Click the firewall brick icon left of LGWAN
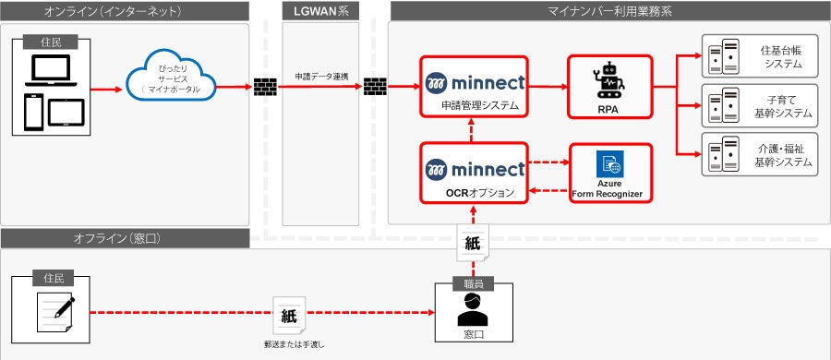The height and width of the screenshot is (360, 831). (x=265, y=89)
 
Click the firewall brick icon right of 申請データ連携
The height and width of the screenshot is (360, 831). (x=375, y=89)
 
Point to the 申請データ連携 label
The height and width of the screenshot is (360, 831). (x=320, y=75)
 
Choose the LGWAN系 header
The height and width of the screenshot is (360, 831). (x=319, y=11)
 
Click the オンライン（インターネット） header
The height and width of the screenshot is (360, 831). (x=125, y=11)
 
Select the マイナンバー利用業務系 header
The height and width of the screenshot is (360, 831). (x=609, y=11)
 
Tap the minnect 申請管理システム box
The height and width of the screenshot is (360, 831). (x=474, y=86)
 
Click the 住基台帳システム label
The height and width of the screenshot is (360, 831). (x=782, y=56)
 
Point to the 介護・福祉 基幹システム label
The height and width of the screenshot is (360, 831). (x=782, y=154)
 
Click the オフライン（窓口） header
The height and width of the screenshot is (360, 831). (x=125, y=238)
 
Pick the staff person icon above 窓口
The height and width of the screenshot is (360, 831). (x=473, y=310)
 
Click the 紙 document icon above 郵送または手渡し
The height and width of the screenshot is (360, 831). (x=288, y=315)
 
